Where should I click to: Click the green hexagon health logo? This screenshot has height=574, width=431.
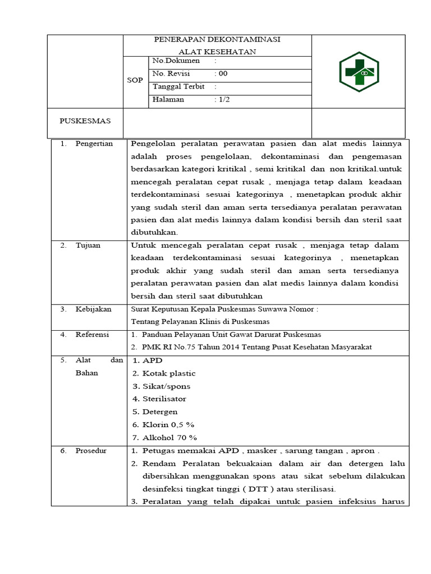coord(359,71)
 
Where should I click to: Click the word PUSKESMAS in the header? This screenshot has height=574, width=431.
coord(85,121)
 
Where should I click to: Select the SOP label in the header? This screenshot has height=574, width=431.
coord(135,81)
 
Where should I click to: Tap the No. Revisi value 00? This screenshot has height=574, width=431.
coord(223,73)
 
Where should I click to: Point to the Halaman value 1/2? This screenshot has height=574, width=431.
coord(224,99)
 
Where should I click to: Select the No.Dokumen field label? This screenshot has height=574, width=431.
coord(176,61)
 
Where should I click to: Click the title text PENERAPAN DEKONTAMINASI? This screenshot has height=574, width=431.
coord(218,39)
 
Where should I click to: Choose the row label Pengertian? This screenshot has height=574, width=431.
coord(94,143)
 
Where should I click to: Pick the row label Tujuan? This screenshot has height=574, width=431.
coord(88,245)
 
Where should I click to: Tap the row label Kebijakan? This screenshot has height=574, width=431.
coord(93,309)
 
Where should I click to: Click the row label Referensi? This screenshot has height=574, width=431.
coord(93,334)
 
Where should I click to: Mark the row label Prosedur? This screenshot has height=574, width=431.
coord(91,450)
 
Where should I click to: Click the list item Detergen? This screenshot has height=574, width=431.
coord(160,412)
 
